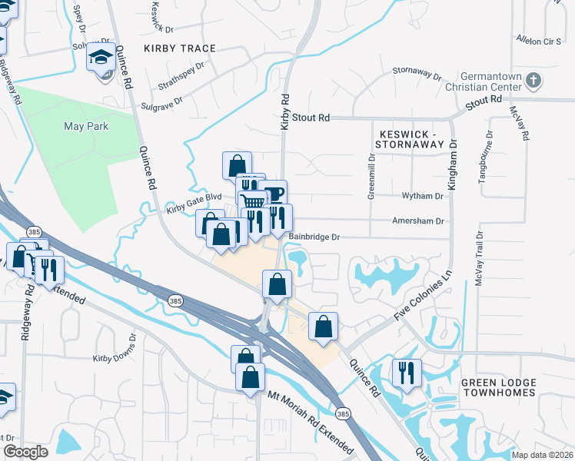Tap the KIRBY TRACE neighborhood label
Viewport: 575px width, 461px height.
tap(180, 48)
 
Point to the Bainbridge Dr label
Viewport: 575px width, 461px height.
tap(314, 237)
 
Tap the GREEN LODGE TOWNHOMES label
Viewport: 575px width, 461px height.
tap(497, 387)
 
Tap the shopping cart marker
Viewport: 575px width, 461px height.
tap(253, 203)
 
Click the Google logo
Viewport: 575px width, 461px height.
tap(25, 451)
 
